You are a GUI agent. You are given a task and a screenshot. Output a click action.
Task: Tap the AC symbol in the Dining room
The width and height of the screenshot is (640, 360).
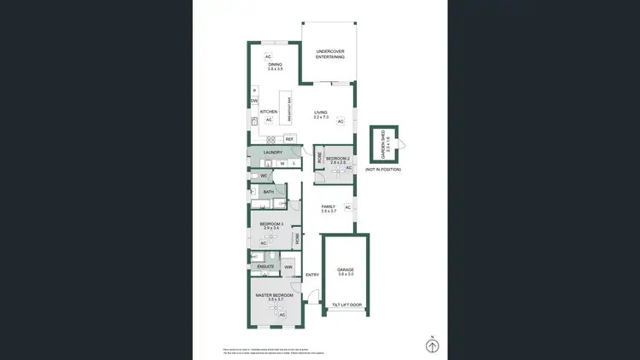267,56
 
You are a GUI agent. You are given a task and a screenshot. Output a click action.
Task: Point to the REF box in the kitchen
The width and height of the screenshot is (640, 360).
289,139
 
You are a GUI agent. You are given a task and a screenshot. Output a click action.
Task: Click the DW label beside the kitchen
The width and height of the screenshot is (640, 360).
254,102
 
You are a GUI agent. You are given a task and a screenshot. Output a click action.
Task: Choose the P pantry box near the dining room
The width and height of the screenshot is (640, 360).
254,90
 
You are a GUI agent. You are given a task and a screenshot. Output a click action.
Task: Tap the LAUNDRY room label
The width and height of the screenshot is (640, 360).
272,153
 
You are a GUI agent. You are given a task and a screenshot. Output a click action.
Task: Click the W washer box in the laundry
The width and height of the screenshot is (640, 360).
282,162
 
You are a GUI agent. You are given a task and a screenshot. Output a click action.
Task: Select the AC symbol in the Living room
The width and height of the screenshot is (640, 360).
340,122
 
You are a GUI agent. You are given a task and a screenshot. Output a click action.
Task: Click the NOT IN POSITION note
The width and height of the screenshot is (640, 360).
383,170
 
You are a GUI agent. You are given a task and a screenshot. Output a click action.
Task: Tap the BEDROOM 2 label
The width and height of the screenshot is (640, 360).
338,159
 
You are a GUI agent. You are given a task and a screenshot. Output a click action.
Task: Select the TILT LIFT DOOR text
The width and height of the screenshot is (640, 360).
346,305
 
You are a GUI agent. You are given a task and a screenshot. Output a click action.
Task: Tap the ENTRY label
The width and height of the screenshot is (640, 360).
311,275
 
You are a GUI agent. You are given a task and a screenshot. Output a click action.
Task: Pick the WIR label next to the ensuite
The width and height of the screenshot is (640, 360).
288,266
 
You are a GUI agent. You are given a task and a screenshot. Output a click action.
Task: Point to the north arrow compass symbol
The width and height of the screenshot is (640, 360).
433,345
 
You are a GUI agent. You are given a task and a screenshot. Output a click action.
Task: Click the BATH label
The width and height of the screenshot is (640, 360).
268,192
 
